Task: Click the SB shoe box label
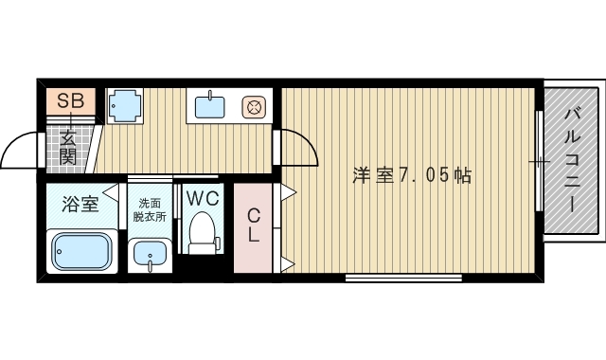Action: coord(70,100)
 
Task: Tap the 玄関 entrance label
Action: coord(69,148)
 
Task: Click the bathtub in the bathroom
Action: coord(80,251)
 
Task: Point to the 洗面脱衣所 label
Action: coord(150,208)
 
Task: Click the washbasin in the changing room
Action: coord(149,255)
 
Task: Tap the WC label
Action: coord(202,199)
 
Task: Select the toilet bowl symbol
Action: coord(203,232)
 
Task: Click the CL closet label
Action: coord(254,225)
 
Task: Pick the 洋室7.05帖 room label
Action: coord(412,175)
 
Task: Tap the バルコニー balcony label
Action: coord(573,161)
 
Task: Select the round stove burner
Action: coord(254,106)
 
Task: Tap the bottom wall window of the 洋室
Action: coord(402,279)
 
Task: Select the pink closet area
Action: coord(254,242)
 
